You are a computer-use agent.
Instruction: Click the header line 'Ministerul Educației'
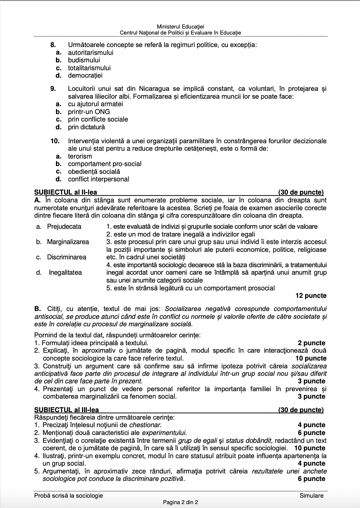180,27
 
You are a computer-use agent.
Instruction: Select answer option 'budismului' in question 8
84,60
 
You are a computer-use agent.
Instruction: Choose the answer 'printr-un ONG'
89,112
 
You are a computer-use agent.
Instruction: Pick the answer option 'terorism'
80,156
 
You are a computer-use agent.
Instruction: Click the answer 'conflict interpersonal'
98,179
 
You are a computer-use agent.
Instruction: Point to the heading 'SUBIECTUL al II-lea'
66,192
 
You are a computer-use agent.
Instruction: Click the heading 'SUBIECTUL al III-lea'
67,410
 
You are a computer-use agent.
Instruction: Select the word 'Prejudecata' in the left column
64,227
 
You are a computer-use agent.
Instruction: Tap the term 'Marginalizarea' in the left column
68,242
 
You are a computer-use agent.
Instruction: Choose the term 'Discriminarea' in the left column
67,257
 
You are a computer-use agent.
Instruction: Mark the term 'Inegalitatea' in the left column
65,273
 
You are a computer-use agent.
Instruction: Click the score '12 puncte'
311,296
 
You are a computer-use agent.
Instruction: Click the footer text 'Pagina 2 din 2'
180,502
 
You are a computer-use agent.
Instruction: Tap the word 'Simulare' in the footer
312,496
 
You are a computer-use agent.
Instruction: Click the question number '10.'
55,141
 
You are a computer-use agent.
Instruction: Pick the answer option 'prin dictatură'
86,127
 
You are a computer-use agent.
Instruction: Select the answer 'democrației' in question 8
85,76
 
